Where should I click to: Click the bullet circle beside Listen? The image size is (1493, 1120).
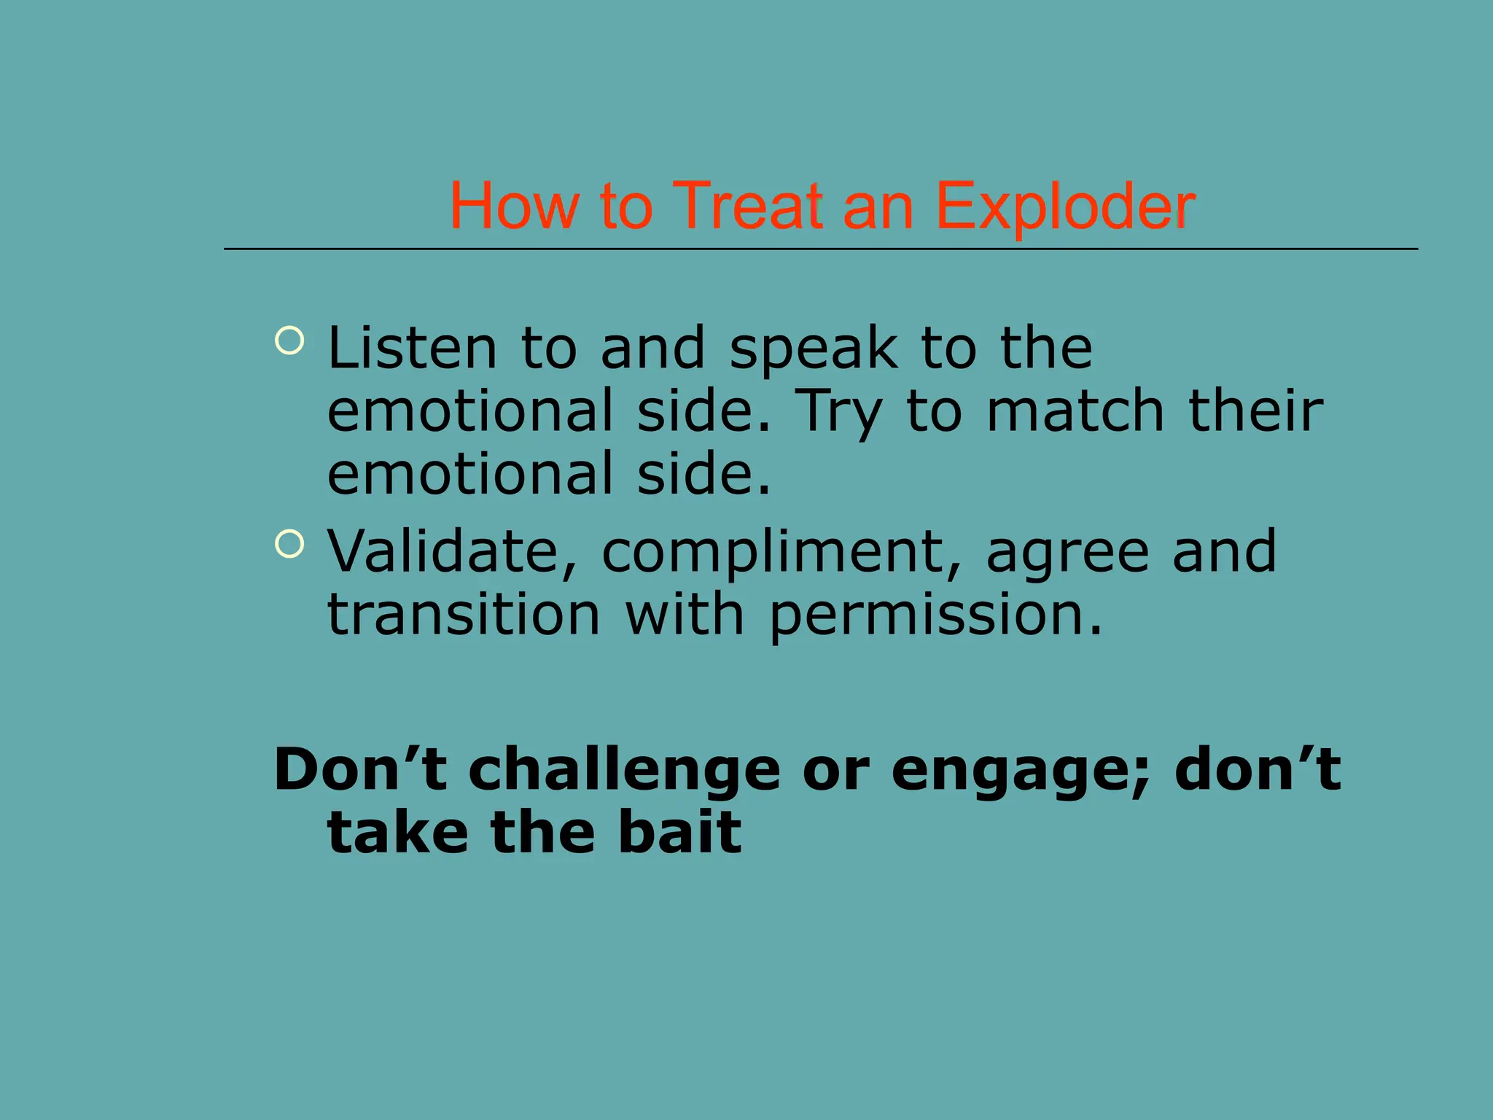(289, 341)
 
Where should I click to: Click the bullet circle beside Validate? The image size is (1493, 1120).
(289, 544)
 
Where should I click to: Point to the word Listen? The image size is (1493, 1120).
(412, 349)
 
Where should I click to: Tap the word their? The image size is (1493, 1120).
(1255, 411)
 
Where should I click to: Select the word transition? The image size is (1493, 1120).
(464, 615)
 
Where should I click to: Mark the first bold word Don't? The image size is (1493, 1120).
(360, 770)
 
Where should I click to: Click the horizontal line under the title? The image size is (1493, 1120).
(820, 249)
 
